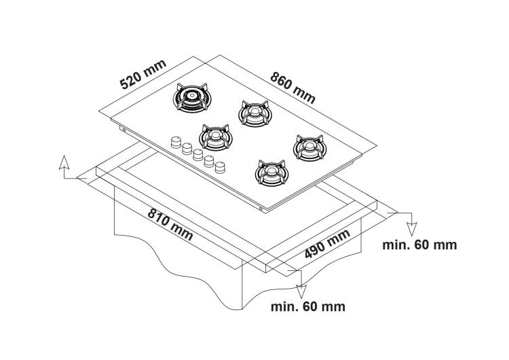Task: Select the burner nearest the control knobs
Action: pyautogui.click(x=216, y=139)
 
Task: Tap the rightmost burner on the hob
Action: pyautogui.click(x=309, y=147)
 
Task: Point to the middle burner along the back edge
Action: pyautogui.click(x=252, y=113)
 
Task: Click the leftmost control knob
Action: pyautogui.click(x=176, y=143)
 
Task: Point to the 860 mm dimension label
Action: pyautogui.click(x=293, y=86)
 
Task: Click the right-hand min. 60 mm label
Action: pyautogui.click(x=419, y=245)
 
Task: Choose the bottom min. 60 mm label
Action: pyautogui.click(x=307, y=306)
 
